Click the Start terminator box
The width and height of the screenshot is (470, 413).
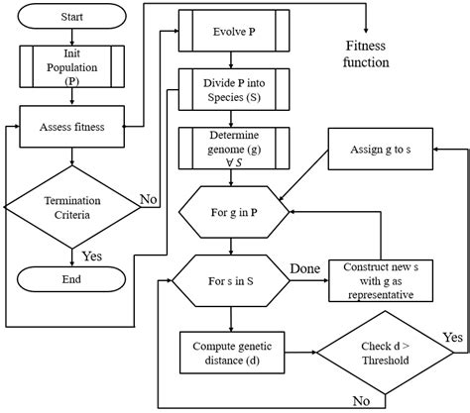coord(72,17)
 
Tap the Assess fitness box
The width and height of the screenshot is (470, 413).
coord(72,126)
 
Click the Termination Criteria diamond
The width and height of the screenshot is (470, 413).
coord(72,205)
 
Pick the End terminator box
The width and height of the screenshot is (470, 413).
coord(72,278)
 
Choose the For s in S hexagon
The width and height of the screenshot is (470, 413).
coord(232,279)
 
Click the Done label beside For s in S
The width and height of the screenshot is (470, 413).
coord(304,268)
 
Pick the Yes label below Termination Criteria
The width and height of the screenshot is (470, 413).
coord(91,256)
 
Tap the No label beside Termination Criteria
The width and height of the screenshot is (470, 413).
coord(150,198)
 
